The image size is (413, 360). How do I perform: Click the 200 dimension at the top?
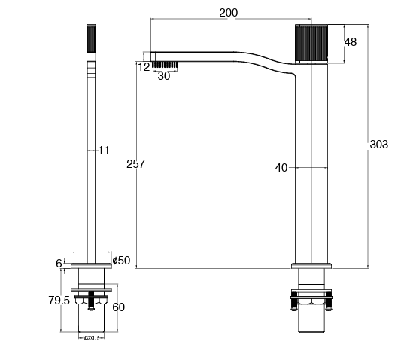(229, 13)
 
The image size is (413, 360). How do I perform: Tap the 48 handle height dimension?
(351, 42)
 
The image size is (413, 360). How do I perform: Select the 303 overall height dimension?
(379, 144)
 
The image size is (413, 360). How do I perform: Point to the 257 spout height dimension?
(136, 163)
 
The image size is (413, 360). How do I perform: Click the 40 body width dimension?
(282, 168)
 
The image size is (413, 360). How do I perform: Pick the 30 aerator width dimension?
(164, 75)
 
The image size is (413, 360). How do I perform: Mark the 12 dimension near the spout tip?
(144, 66)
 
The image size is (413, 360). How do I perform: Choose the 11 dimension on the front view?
(104, 151)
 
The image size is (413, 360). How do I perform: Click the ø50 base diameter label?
(121, 261)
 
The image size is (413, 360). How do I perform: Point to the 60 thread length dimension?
(119, 307)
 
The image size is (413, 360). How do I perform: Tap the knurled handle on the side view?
(311, 45)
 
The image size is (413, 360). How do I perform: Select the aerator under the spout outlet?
(165, 64)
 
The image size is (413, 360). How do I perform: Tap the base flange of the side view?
(311, 264)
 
